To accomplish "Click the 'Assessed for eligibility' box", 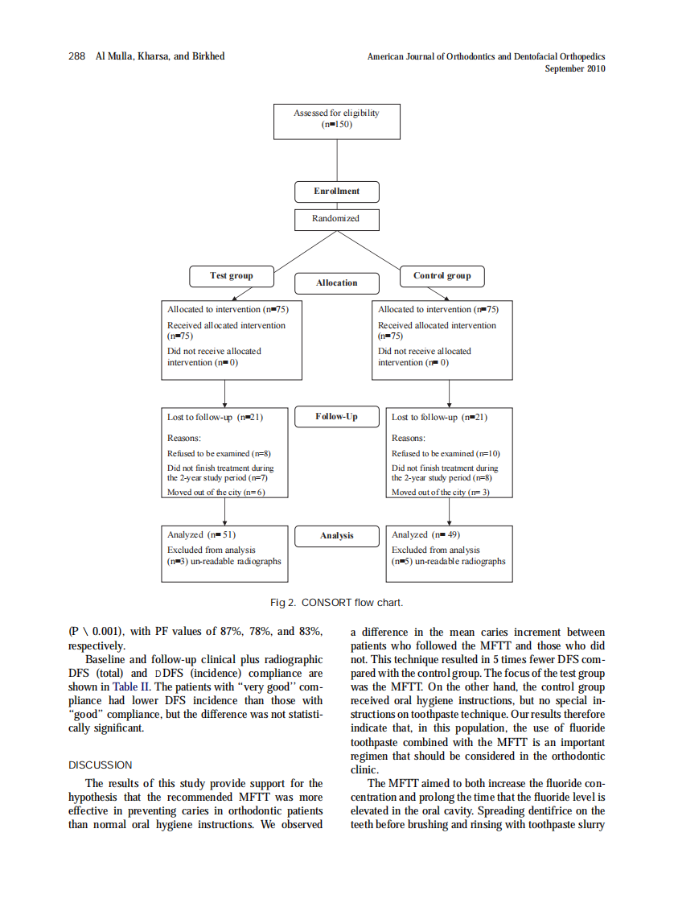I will click(336, 119).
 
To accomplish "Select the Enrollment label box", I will click(336, 192).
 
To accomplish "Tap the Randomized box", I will click(336, 219).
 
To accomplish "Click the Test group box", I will click(231, 276).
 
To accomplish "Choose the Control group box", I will click(442, 276).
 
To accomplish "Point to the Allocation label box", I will click(336, 283).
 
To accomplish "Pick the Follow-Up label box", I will click(336, 417).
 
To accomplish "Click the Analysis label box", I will click(336, 535).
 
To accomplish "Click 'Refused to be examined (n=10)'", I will click(446, 453).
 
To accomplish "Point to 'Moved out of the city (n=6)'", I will click(216, 492).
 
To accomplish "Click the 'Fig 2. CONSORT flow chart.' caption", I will click(336, 603).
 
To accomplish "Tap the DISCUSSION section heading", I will click(101, 765).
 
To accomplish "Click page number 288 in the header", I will click(77, 56).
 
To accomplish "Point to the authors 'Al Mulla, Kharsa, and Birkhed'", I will click(160, 56).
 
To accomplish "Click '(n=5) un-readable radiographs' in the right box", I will click(449, 561).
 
